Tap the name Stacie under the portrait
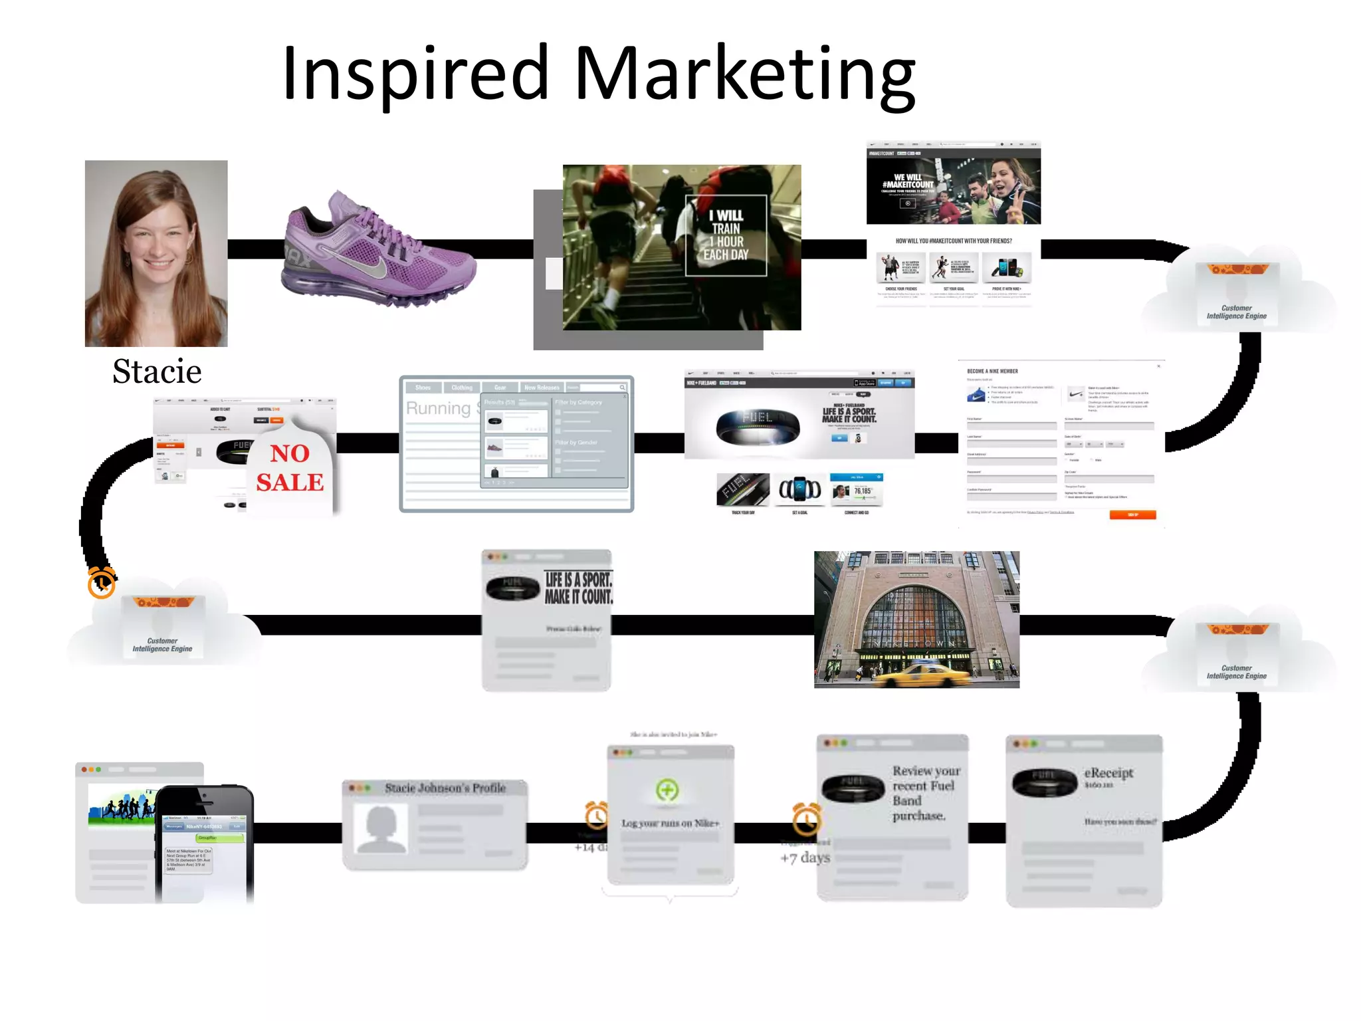[157, 372]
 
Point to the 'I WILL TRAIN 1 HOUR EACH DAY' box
[726, 235]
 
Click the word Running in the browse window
[438, 408]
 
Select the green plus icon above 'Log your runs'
[667, 790]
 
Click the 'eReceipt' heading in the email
[1108, 772]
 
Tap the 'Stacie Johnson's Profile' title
[445, 788]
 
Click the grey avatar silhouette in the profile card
[381, 828]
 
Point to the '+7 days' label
[805, 857]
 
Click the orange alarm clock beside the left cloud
[102, 583]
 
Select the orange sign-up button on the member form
[1132, 514]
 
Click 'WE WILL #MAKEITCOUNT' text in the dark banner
[908, 181]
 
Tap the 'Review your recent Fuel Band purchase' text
[926, 793]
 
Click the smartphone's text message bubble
[189, 859]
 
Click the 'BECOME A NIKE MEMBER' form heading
[992, 371]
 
